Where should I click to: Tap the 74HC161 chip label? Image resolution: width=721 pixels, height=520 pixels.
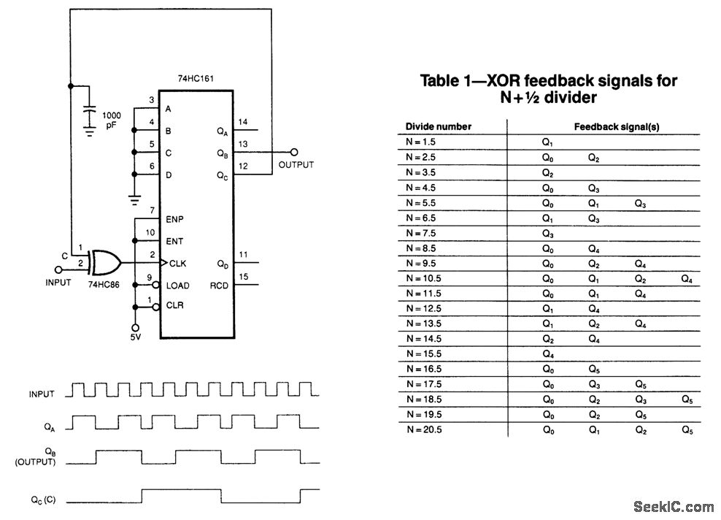pyautogui.click(x=196, y=78)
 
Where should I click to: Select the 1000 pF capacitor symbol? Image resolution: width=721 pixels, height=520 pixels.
pyautogui.click(x=89, y=115)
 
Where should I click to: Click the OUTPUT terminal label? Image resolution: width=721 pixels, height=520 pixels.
pyautogui.click(x=296, y=164)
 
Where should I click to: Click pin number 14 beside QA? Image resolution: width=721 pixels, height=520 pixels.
pyautogui.click(x=243, y=121)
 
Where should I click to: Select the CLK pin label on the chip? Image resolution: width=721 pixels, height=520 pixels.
pyautogui.click(x=177, y=262)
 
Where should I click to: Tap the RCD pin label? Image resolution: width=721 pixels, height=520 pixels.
pyautogui.click(x=219, y=285)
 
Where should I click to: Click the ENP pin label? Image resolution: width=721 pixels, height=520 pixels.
pyautogui.click(x=175, y=218)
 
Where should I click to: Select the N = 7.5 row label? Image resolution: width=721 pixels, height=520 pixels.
pyautogui.click(x=421, y=233)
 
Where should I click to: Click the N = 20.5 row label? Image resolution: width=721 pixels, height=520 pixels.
pyautogui.click(x=423, y=429)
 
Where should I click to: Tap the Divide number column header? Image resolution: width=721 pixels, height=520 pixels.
pyautogui.click(x=439, y=126)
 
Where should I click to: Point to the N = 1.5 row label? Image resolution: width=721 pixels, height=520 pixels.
pyautogui.click(x=421, y=142)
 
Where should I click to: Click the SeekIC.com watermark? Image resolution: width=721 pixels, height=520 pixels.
pyautogui.click(x=674, y=507)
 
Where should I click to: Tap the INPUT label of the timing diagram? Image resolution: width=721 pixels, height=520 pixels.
pyautogui.click(x=42, y=394)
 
